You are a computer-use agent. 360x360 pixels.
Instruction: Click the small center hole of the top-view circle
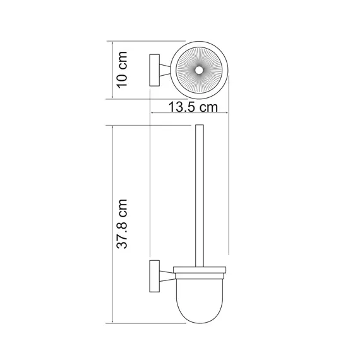(198, 70)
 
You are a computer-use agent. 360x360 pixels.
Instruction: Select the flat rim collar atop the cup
(198, 272)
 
